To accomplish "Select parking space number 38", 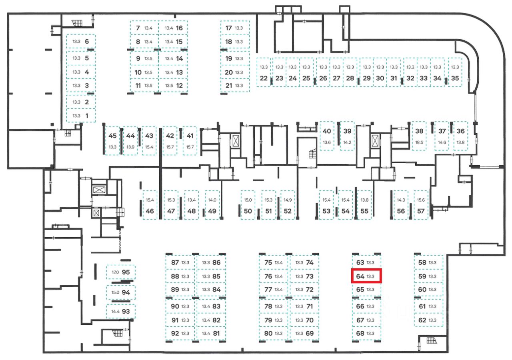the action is point(419,136).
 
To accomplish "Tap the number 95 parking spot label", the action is point(126,272).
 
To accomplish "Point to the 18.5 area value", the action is point(419,142).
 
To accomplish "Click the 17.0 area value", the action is point(115,272).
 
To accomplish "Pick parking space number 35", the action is point(455,73).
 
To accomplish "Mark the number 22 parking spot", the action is point(264,73).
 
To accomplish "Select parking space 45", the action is point(112,140).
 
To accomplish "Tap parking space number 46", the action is point(150,205).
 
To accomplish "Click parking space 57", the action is point(421,205).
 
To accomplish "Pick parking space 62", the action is point(428,320).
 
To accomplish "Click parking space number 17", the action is point(235,28).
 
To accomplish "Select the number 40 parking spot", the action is point(327,136).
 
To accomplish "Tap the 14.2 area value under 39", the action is point(347,142).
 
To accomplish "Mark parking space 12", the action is point(173,85).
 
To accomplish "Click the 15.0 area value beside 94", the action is point(115,292).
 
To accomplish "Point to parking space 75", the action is point(273,263).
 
